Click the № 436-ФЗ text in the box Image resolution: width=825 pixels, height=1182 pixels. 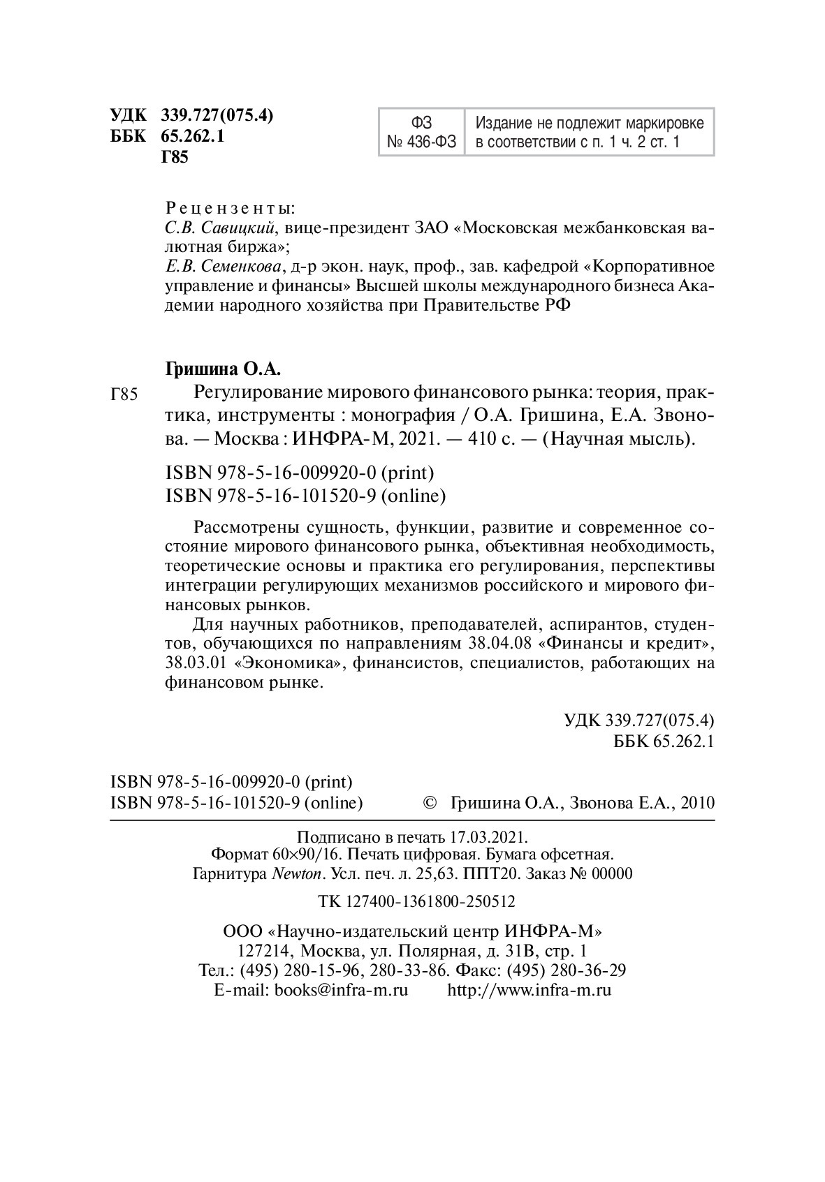point(421,143)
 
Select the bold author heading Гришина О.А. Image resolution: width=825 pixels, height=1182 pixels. point(226,368)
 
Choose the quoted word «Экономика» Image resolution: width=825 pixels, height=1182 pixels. point(289,663)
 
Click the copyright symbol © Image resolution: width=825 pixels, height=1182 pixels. point(430,803)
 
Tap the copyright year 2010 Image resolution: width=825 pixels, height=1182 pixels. point(696,803)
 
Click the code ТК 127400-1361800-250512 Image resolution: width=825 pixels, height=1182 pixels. point(416,901)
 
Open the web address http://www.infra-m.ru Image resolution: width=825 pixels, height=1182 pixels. point(529,990)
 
